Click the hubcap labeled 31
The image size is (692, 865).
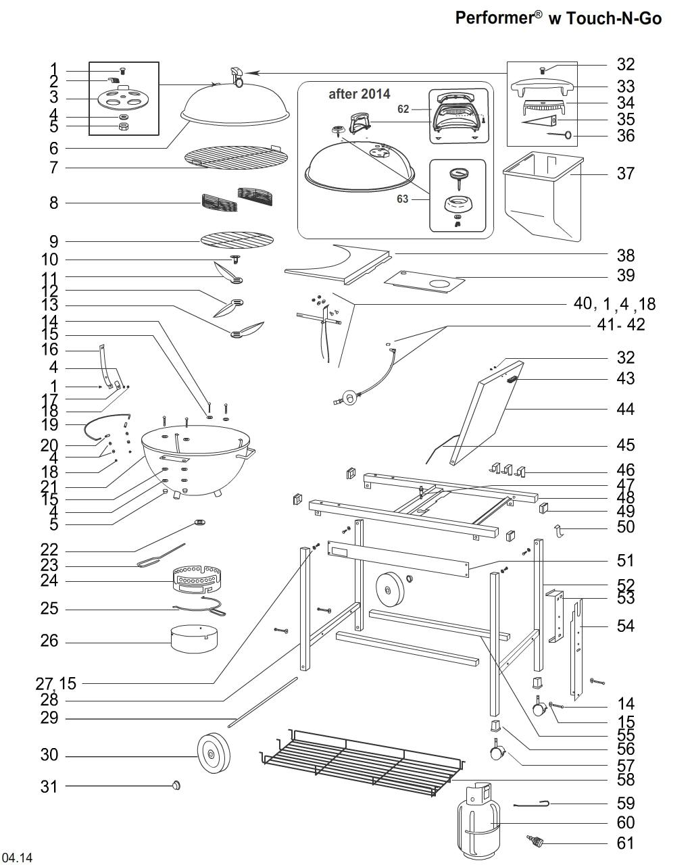click(x=177, y=785)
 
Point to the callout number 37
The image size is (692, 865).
click(x=626, y=174)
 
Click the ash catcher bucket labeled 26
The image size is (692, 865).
click(x=195, y=639)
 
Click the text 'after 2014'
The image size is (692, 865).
click(x=359, y=94)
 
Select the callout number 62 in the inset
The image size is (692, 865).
click(x=403, y=109)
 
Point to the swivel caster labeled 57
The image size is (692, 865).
click(x=497, y=751)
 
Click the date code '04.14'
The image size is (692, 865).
click(x=17, y=858)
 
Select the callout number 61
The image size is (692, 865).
click(x=626, y=843)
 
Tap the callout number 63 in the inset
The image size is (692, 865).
click(x=403, y=199)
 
